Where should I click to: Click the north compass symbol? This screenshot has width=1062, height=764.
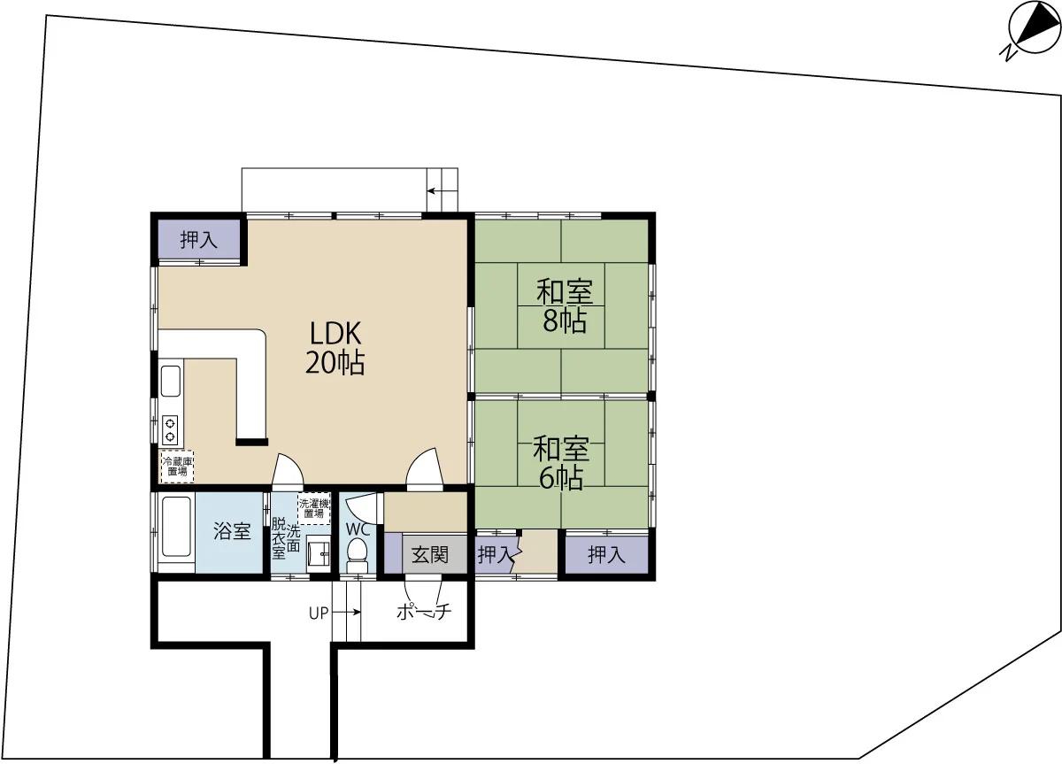pos(1033,33)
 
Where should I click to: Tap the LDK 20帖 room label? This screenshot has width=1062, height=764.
pos(335,348)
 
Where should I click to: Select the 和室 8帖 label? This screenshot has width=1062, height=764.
pos(565,306)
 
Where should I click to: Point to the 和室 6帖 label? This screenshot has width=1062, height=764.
pos(561,463)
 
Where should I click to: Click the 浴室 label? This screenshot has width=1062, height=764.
pos(232,530)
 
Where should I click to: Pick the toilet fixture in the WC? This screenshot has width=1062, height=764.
pos(357,555)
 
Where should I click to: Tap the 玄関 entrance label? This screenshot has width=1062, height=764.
pos(429,554)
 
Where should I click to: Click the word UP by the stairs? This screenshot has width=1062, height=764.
pos(319,614)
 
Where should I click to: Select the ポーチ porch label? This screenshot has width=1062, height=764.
pos(423,612)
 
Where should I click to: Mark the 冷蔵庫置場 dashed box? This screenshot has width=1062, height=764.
pos(177,467)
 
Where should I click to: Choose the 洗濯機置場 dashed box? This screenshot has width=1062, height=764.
pos(314,508)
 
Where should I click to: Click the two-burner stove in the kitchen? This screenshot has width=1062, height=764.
pos(170,430)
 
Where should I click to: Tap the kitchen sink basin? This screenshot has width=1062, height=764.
pos(171,381)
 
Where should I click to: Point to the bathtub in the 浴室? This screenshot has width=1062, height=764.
pos(176,527)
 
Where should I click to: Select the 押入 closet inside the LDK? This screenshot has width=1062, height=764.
pos(198,240)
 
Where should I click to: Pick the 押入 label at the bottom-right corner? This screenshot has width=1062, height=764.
pos(606,555)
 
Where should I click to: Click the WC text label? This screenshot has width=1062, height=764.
pos(358,529)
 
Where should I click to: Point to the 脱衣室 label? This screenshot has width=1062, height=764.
pos(279,538)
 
